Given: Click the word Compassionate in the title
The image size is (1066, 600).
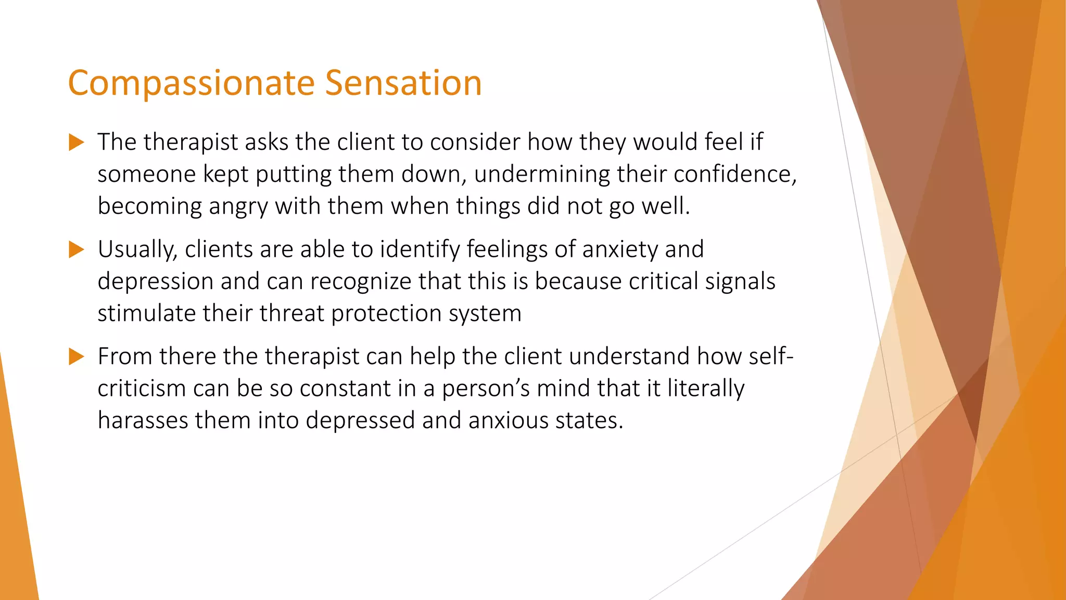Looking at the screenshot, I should (190, 83).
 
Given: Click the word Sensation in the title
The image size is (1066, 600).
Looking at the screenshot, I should (403, 83).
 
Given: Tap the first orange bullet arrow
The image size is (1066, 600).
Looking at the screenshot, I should (76, 142).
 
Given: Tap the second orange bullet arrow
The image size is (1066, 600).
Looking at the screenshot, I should (76, 249).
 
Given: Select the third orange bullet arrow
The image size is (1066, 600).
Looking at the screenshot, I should (76, 357).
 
